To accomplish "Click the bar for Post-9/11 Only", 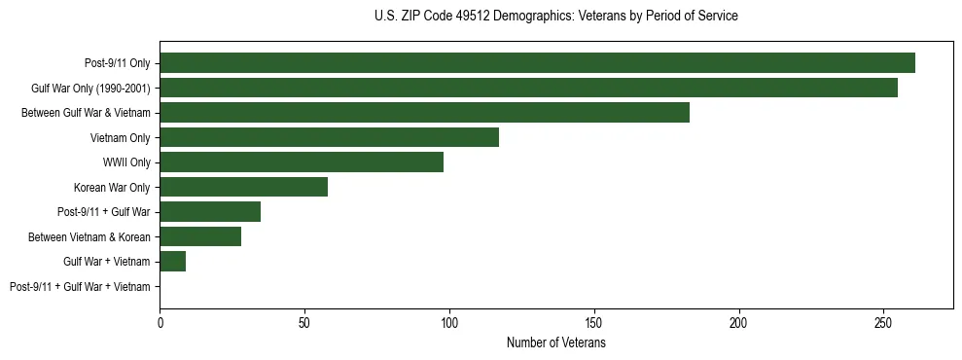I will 537,63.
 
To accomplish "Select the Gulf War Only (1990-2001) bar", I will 528,88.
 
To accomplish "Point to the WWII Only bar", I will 302,162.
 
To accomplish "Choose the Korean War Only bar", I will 243,187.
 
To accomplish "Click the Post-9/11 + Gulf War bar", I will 210,212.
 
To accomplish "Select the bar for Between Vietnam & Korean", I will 200,236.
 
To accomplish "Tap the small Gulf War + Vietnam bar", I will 172,262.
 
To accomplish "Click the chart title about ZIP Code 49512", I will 555,17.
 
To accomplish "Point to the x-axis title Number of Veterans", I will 555,343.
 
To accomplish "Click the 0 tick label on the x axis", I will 160,322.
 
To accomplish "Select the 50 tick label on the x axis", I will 304,322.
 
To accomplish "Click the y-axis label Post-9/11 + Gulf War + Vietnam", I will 80,287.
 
